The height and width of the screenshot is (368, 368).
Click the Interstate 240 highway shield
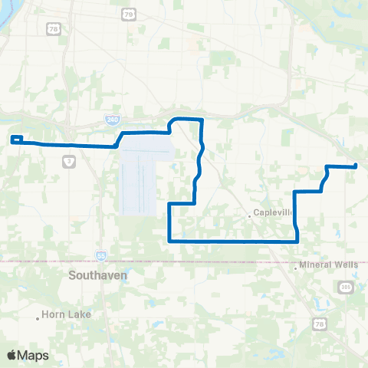point(112,120)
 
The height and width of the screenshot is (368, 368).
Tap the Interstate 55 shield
point(101,255)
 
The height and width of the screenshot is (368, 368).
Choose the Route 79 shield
point(127,14)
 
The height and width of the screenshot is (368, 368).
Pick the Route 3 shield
point(70,163)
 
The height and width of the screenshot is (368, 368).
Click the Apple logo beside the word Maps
point(11,355)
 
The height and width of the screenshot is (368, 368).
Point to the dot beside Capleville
point(250,215)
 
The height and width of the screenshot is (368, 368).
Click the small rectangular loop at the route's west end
point(17,140)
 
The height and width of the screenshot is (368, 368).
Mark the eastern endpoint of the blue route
point(356,166)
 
